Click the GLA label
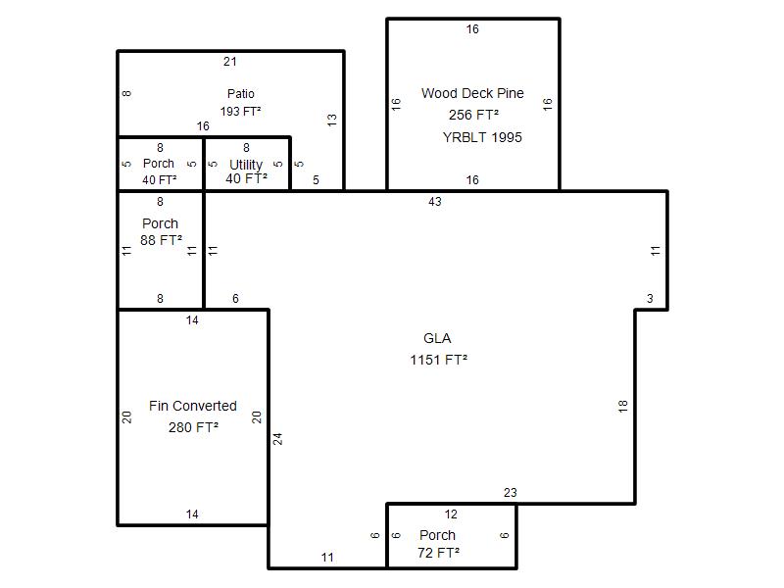point(437,338)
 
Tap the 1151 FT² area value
point(438,360)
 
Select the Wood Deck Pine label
point(472,93)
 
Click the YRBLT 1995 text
point(482,137)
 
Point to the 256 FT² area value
point(473,115)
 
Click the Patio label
point(240,93)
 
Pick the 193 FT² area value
point(240,111)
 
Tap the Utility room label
point(246,165)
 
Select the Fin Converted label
point(192,406)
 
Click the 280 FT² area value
point(193,427)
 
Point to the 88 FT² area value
point(161,240)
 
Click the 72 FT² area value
point(438,553)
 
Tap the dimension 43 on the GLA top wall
point(435,202)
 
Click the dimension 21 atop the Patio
point(230,62)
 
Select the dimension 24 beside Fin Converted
point(278,439)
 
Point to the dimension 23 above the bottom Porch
point(510,493)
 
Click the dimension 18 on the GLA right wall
point(622,406)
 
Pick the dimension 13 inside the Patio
point(332,120)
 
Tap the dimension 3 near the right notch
point(650,299)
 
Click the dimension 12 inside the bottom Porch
point(451,514)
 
